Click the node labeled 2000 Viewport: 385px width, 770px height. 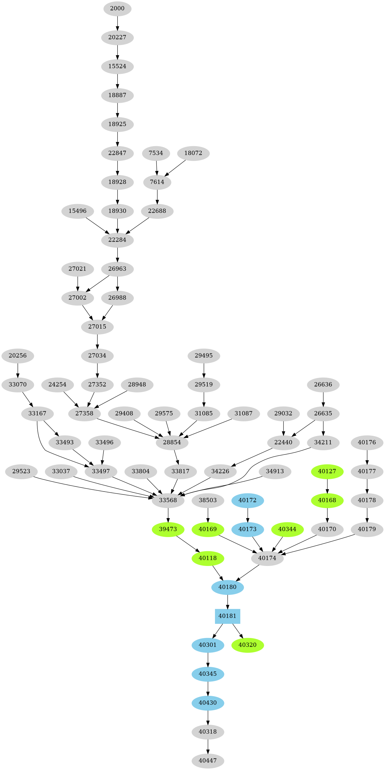[x=117, y=8]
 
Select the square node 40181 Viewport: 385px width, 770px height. [x=227, y=616]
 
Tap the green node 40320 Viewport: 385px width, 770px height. [x=248, y=645]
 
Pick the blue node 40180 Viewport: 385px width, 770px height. [x=227, y=587]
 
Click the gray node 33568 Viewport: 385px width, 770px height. [x=168, y=500]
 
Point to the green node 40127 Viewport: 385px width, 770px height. [x=327, y=471]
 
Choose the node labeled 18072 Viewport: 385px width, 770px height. [x=193, y=153]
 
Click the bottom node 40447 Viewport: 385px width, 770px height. [x=208, y=760]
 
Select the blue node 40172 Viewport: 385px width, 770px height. [x=248, y=500]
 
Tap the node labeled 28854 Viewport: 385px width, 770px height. [x=172, y=442]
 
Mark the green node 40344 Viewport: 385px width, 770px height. [x=287, y=529]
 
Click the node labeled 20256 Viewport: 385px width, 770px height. [x=18, y=355]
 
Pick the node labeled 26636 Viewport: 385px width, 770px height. [x=323, y=384]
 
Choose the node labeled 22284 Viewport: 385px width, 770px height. [x=117, y=240]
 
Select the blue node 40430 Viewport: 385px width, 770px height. [x=208, y=702]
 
